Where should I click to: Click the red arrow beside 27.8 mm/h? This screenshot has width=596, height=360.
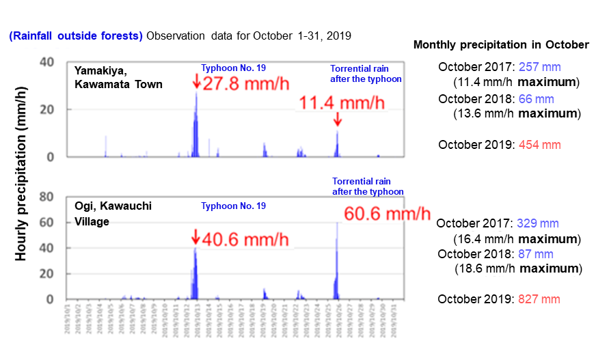coord(197,81)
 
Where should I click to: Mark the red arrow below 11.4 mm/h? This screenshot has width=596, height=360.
coord(337,120)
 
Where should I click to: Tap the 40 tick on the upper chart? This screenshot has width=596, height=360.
coord(46,61)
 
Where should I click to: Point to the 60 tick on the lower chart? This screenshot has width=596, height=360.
coord(46,223)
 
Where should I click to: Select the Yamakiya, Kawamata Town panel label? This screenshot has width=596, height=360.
coord(118,77)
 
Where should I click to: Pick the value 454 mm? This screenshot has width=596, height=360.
coord(540,145)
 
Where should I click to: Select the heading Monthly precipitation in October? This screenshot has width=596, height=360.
coord(501,44)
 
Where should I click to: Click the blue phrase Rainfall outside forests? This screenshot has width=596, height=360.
coord(76,36)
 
